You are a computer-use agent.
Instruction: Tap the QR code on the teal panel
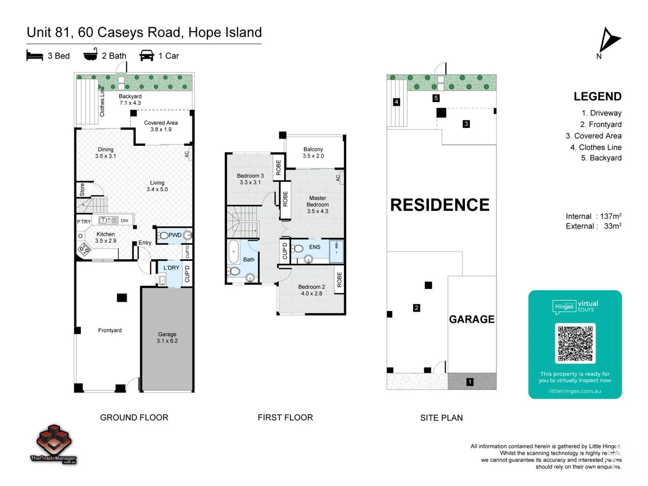[x=575, y=343]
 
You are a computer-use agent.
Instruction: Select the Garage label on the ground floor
[x=167, y=337]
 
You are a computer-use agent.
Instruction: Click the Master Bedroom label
[x=317, y=204]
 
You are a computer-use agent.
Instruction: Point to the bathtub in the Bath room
[x=233, y=252]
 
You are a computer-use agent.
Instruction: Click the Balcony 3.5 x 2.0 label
[x=313, y=153]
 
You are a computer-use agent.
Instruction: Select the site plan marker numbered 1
[x=470, y=382]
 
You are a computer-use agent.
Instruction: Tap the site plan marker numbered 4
[x=396, y=102]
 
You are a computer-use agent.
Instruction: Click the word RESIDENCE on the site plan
[x=440, y=205]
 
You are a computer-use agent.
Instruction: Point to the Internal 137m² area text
[x=593, y=216]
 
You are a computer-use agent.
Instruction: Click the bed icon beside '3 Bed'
[x=35, y=56]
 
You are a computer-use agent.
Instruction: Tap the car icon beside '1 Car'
[x=147, y=56]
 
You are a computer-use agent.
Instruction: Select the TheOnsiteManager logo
[x=54, y=444]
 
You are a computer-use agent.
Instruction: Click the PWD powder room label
[x=175, y=235]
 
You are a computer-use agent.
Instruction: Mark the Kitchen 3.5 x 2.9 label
[x=106, y=237]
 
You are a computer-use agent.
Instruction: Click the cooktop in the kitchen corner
[x=84, y=249]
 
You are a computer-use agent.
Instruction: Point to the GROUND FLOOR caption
[x=134, y=418]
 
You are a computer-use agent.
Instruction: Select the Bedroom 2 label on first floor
[x=311, y=290]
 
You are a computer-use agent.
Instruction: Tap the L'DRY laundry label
[x=171, y=268]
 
